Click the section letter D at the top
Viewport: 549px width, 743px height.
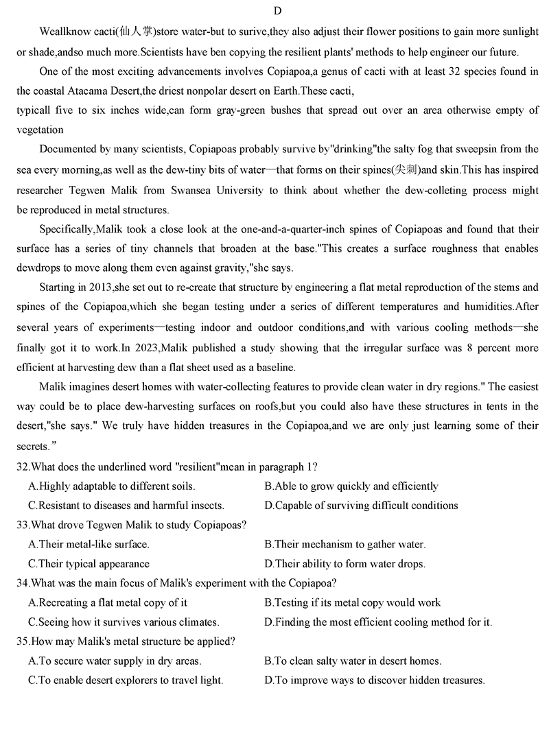tap(277, 11)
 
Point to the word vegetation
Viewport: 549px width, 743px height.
tap(40, 130)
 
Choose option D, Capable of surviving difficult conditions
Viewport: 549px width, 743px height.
tap(361, 506)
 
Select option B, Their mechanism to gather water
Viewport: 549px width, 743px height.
tap(345, 545)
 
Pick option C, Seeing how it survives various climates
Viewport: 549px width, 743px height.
tap(124, 622)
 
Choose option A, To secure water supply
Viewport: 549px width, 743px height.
tap(115, 661)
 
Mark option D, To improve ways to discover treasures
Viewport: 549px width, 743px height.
tap(375, 681)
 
